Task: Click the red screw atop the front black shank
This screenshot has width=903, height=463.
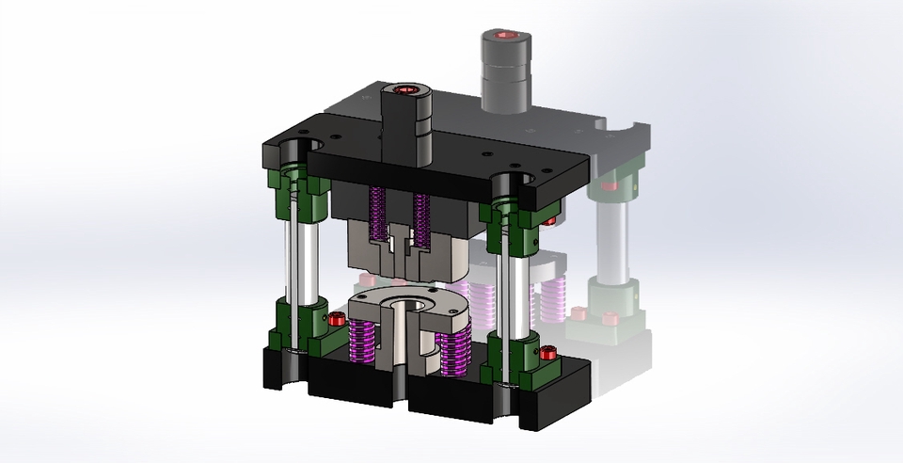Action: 406,90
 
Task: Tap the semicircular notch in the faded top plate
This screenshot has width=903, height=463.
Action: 625,128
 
